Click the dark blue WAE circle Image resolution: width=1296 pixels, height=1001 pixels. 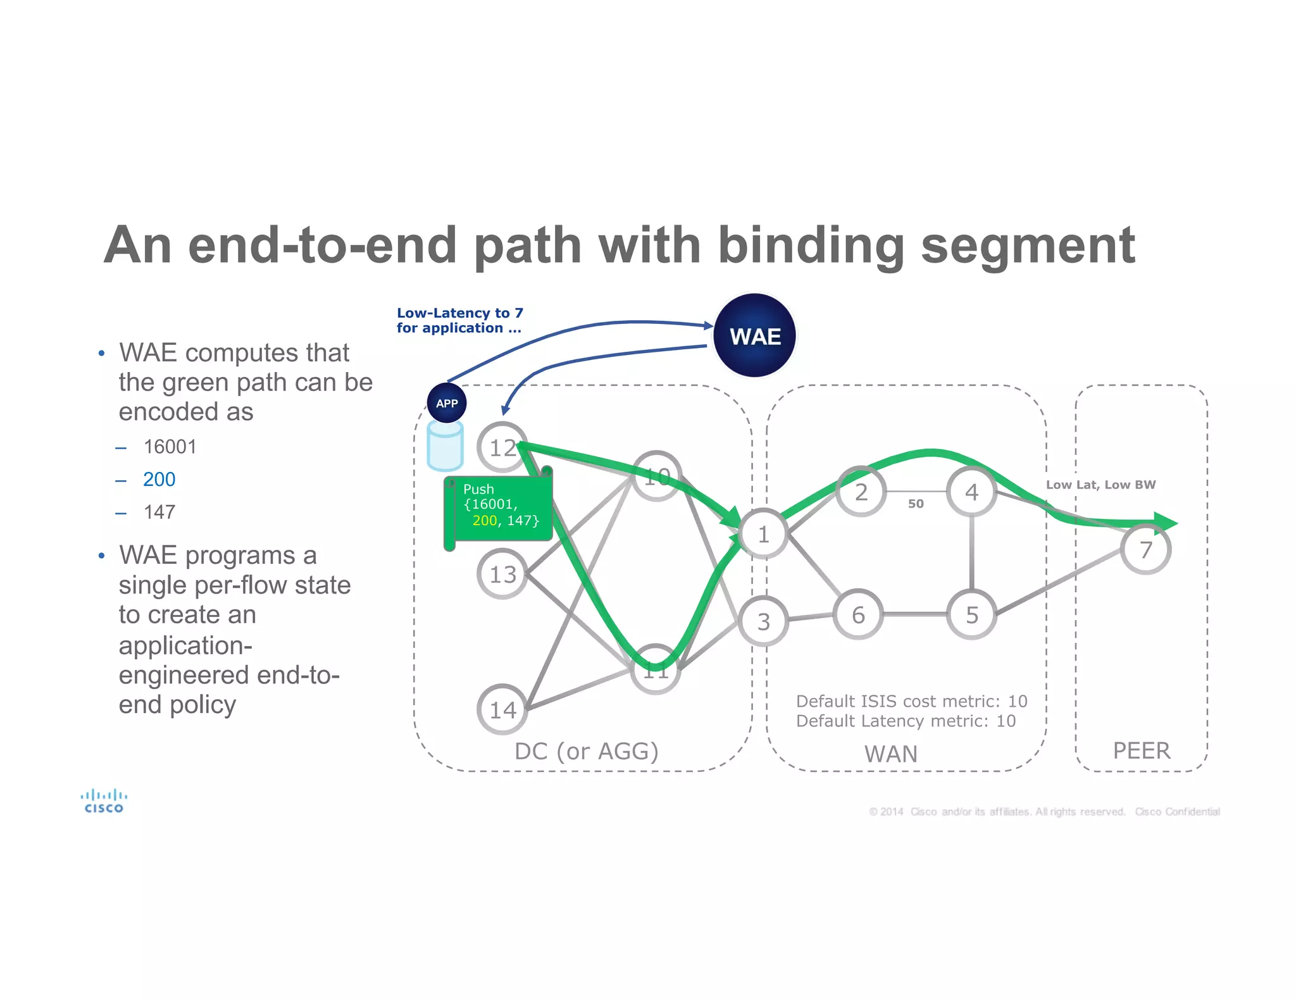[754, 335]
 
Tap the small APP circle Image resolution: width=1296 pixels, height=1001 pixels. [447, 403]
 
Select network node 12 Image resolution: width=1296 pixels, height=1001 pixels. [502, 447]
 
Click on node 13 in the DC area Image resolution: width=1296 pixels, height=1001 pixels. [502, 574]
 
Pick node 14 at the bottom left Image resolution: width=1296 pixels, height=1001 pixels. [502, 709]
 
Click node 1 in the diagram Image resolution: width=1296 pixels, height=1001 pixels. [764, 534]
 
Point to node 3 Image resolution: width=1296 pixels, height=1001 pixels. [764, 621]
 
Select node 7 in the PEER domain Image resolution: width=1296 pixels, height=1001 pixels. [1145, 549]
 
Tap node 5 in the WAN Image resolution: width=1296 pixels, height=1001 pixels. [971, 614]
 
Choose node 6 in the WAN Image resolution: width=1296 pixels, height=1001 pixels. [858, 614]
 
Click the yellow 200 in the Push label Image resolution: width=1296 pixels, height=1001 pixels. [484, 521]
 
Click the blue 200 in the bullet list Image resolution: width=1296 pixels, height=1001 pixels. [159, 479]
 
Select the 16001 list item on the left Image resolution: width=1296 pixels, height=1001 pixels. [170, 447]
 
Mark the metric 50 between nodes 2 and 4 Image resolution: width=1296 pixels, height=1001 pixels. [916, 504]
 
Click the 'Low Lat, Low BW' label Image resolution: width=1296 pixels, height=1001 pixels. [1100, 485]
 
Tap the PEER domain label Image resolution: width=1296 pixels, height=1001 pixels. [1141, 750]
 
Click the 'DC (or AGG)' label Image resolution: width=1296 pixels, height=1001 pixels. [586, 751]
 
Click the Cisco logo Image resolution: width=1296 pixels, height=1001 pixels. [104, 800]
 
